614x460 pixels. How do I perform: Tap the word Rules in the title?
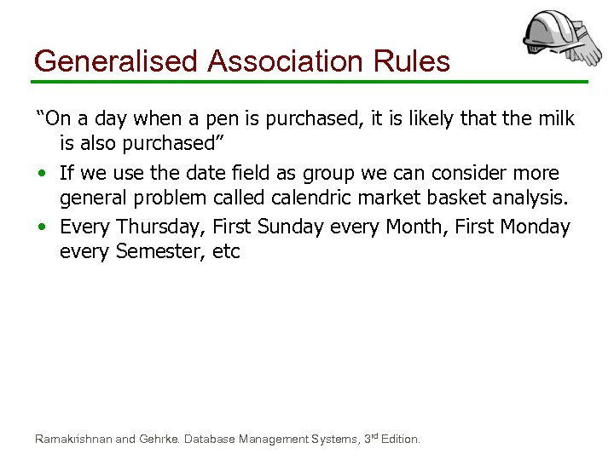click(x=414, y=61)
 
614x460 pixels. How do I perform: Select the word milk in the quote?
click(x=555, y=119)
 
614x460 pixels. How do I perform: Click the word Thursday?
click(x=159, y=227)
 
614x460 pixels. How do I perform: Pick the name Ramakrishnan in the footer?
click(x=73, y=440)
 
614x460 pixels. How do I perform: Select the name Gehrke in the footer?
click(x=159, y=440)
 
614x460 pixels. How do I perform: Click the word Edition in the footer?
click(x=400, y=440)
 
